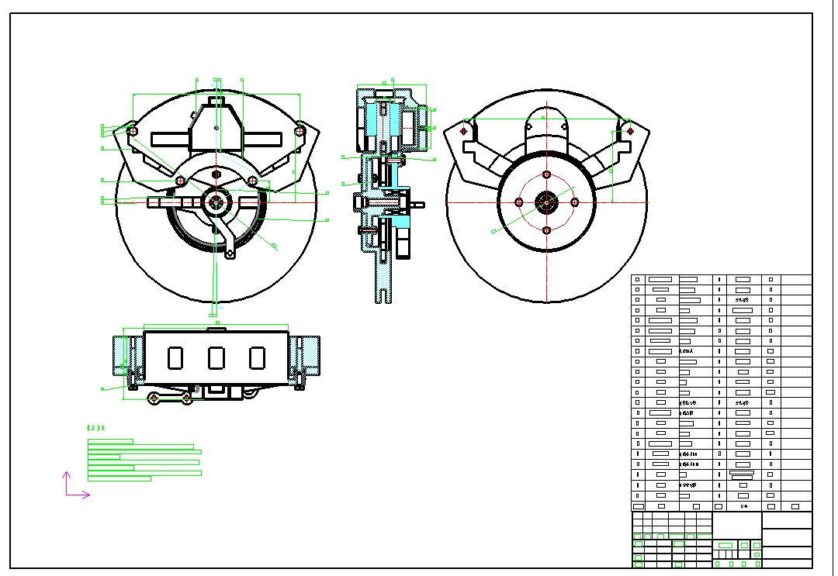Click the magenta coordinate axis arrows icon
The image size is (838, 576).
74,486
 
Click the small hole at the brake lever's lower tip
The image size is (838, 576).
230,252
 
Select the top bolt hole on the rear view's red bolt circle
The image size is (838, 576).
546,174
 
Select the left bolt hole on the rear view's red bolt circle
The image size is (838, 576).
519,202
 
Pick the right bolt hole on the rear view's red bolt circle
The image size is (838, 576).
575,202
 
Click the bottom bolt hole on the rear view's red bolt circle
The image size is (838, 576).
546,230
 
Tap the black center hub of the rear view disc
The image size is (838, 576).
546,202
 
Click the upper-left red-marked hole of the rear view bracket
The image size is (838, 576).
464,131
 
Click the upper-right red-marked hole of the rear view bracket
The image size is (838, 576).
630,131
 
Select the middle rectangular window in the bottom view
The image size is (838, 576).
216,357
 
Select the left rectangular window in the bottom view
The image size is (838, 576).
175,357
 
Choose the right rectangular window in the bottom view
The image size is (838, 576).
258,357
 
